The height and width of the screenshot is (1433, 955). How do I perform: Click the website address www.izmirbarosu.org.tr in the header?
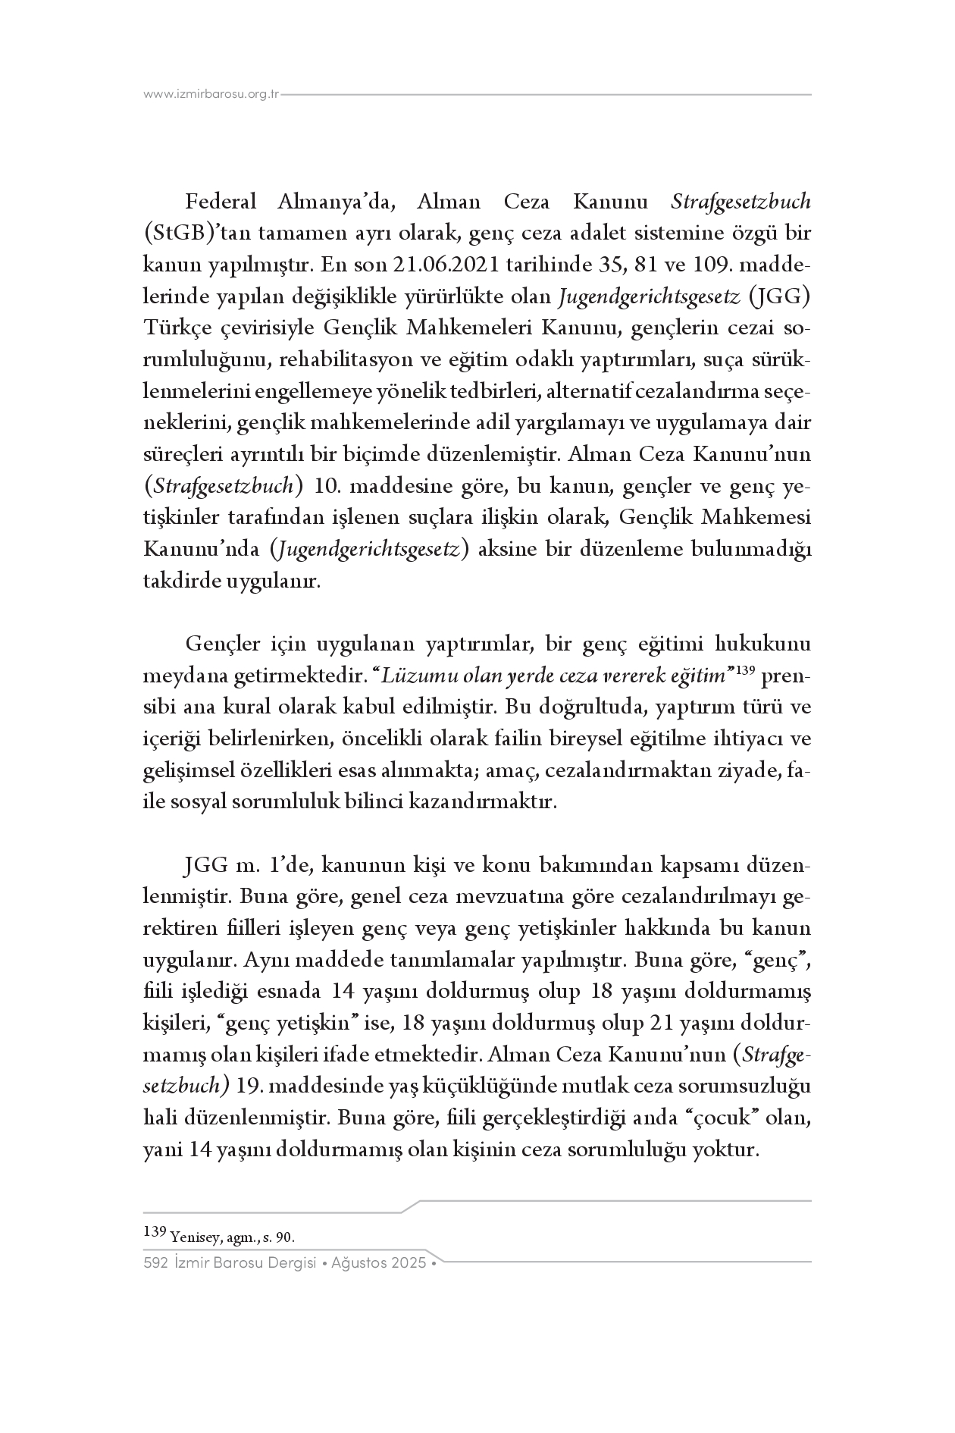pos(211,95)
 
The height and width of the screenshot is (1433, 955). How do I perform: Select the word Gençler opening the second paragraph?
pos(222,644)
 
